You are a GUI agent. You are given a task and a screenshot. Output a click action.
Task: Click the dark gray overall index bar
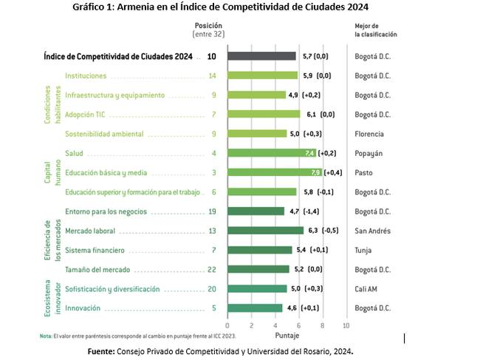(261, 56)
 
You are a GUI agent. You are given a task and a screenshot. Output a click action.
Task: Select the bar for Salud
(272, 153)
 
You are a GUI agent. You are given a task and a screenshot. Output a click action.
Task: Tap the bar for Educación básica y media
(275, 172)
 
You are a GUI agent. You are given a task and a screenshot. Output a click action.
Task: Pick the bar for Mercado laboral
(265, 231)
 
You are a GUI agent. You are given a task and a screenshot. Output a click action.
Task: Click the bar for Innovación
(255, 308)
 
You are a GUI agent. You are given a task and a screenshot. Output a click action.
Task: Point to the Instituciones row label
(86, 75)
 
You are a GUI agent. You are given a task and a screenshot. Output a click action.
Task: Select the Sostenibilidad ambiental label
(104, 134)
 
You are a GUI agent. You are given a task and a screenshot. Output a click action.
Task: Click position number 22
(212, 269)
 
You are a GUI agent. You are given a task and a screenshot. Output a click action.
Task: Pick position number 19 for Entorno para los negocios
(212, 211)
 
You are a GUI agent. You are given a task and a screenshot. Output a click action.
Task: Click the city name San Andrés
(373, 231)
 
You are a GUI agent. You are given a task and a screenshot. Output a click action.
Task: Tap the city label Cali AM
(368, 288)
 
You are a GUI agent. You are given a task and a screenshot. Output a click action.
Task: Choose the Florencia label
(370, 134)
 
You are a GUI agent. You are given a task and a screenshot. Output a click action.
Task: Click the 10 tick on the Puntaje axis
(346, 325)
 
